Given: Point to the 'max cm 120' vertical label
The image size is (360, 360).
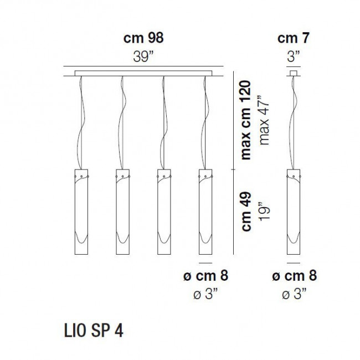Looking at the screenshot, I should pyautogui.click(x=246, y=120).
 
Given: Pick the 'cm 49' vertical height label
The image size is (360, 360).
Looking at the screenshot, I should pyautogui.click(x=246, y=211).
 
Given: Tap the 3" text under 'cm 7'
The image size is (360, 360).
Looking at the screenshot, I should pyautogui.click(x=294, y=56).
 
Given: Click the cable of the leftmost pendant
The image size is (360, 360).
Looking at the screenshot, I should pyautogui.click(x=82, y=122).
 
